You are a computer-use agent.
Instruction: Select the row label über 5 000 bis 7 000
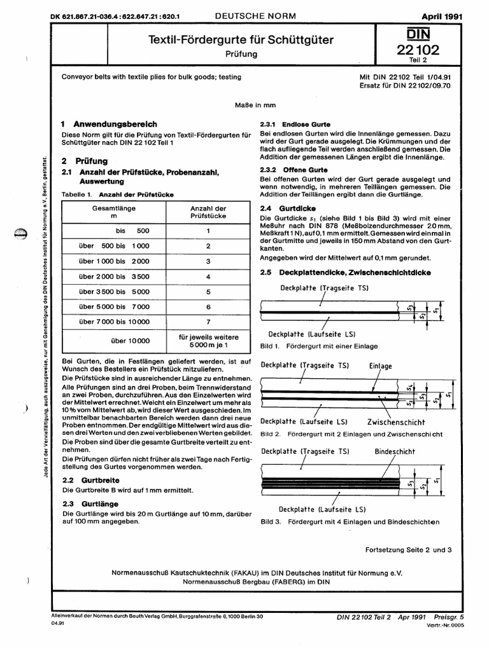point(114,307)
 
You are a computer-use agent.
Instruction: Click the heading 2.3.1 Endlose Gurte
point(292,124)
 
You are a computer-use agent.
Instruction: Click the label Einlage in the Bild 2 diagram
point(381,366)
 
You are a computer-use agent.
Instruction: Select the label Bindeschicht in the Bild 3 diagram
point(395,452)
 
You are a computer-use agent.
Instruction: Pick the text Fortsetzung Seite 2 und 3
point(408,549)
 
